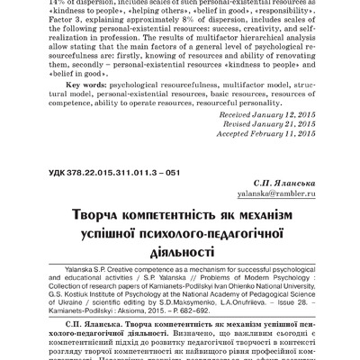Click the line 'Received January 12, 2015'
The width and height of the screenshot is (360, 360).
pyautogui.click(x=271, y=140)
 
